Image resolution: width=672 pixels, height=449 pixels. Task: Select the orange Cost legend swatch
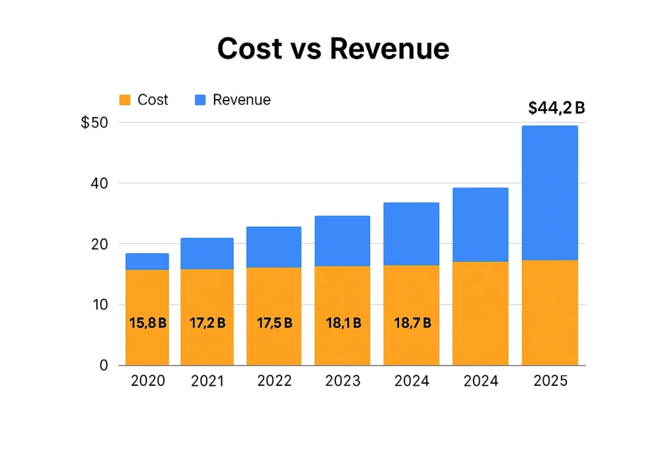[x=125, y=100]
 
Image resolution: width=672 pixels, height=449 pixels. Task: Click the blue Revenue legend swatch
[x=200, y=100]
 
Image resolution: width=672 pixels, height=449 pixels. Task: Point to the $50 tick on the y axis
[x=94, y=123]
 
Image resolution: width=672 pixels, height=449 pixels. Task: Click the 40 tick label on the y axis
[x=98, y=183]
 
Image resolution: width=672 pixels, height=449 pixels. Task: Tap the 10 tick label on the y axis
[x=98, y=304]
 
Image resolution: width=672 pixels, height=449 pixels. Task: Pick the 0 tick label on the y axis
[x=102, y=365]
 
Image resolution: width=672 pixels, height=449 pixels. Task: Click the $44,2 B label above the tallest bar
[x=556, y=108]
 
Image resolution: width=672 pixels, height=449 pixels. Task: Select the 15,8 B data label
[x=148, y=323]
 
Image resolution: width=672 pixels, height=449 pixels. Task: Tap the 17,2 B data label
[x=207, y=323]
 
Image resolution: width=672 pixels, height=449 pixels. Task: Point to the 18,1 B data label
[x=343, y=323]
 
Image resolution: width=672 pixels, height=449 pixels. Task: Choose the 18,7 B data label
[x=411, y=323]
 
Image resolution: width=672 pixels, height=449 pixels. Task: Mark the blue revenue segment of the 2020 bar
[x=147, y=262]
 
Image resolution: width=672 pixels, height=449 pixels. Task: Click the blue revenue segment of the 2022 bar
[x=274, y=247]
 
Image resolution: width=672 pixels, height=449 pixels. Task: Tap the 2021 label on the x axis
[x=207, y=381]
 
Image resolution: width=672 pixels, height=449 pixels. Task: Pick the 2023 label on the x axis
[x=343, y=381]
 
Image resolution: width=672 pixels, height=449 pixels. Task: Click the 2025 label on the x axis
[x=550, y=381]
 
